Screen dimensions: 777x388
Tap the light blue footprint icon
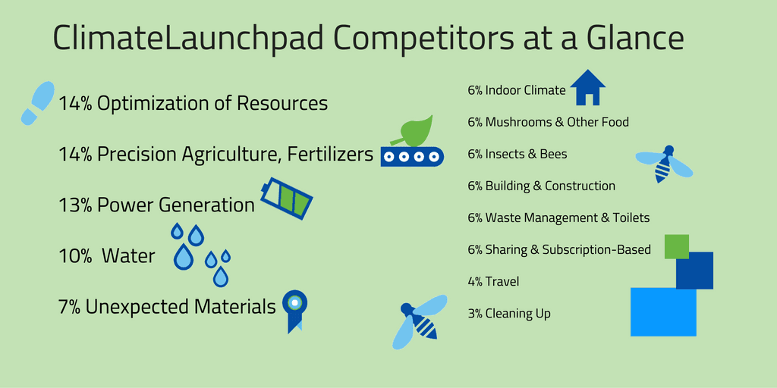[x=38, y=102]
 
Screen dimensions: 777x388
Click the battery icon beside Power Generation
[x=287, y=198]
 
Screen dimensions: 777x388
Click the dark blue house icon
[x=588, y=87]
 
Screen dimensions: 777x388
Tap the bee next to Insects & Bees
[x=664, y=164]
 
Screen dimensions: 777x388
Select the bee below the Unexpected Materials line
[x=420, y=321]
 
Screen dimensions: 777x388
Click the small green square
[x=676, y=246]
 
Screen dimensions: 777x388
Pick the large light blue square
[x=663, y=312]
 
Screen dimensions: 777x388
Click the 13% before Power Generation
[x=75, y=205]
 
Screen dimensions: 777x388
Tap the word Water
[x=128, y=256]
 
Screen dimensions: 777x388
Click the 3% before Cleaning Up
[x=475, y=313]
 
